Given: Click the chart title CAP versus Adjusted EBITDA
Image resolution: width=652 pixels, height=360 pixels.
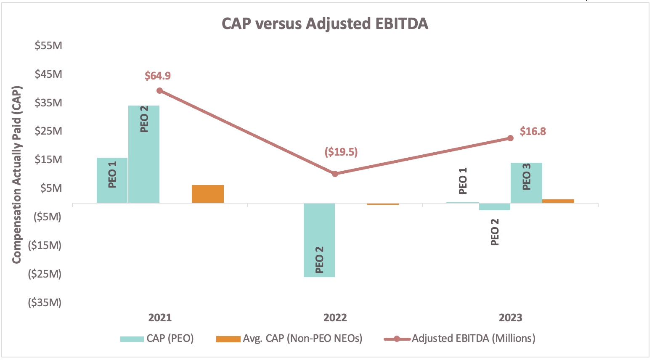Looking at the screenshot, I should point(325,24).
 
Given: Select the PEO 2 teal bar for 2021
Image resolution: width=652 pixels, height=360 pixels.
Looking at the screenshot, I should point(144,154).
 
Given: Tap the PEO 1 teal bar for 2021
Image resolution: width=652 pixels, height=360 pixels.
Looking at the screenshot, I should point(112,180).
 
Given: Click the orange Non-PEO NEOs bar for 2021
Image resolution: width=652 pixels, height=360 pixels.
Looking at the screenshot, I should point(208,194).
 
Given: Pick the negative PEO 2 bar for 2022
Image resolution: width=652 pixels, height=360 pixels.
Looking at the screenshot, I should point(319,240).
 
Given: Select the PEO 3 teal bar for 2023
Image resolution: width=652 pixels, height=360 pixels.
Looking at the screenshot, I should point(526,183).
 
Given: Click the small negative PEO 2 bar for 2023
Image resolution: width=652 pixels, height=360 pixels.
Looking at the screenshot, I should point(495,206).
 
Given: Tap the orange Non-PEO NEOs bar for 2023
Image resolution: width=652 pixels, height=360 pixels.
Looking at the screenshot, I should point(558,201).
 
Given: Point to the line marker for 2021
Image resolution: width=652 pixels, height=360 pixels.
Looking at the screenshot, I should point(159,91).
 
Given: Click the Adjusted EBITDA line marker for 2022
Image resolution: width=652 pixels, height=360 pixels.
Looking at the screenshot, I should point(335,174).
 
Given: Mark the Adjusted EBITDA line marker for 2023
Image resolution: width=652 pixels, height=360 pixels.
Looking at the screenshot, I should point(510,138).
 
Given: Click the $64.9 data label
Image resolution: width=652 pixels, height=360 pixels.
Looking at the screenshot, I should point(158,76).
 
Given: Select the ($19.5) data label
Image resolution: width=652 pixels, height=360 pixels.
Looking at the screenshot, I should point(341,152).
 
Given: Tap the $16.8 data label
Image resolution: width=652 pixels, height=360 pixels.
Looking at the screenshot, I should point(533,131).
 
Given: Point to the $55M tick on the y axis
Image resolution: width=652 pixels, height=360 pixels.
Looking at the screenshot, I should point(48,45).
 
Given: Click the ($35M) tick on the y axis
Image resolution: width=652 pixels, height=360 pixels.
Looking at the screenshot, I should point(45,302).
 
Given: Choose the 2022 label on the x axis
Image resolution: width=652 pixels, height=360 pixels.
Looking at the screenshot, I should point(335,318).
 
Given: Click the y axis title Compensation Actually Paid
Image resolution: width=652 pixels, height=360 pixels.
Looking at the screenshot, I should point(17,175).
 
